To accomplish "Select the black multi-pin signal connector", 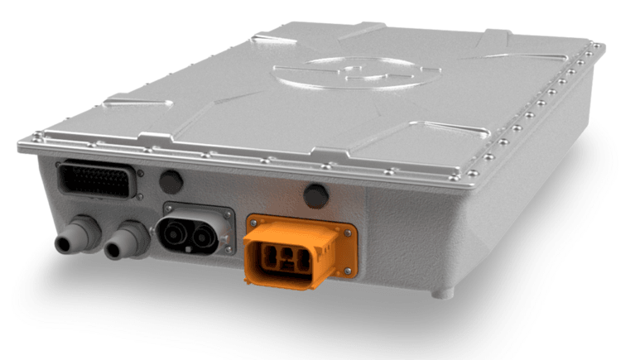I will [x=96, y=180].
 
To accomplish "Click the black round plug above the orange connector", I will [x=315, y=196].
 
